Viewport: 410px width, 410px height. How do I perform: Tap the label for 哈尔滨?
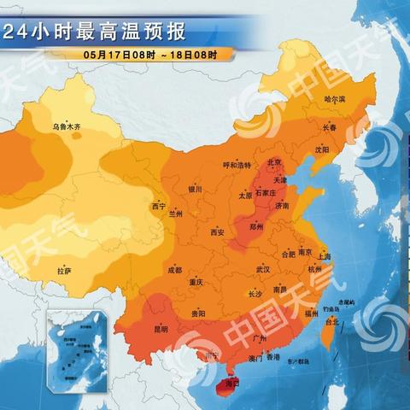click(336, 99)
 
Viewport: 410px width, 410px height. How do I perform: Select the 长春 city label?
click(329, 127)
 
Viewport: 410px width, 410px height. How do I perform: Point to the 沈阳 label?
click(320, 149)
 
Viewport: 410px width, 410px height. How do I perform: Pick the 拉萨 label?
click(64, 271)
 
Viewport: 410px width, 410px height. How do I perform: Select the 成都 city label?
click(174, 269)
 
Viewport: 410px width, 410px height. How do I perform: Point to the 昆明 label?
click(161, 328)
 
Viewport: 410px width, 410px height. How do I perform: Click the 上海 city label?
click(324, 255)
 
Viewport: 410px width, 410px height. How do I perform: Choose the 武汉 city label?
click(261, 269)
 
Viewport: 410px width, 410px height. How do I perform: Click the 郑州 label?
click(255, 227)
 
